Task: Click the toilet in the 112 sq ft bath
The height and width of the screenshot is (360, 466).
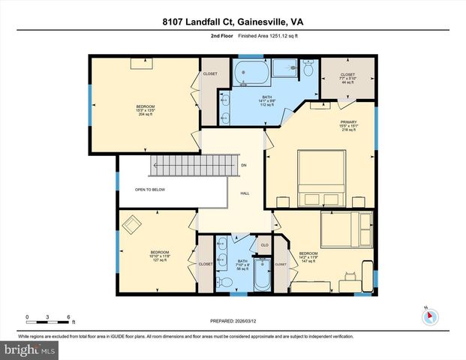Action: point(308,69)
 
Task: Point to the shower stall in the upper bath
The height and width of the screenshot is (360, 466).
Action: point(284,69)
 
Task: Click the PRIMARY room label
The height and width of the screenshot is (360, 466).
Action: point(347,124)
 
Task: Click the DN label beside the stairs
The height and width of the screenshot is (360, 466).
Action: point(243,165)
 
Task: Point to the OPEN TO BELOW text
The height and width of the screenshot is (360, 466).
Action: point(151,190)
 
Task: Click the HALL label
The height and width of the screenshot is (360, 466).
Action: point(245,193)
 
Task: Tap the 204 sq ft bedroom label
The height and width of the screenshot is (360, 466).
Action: point(145,110)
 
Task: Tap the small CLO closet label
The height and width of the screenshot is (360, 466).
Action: point(264,245)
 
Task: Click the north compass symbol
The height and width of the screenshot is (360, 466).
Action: point(429,315)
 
